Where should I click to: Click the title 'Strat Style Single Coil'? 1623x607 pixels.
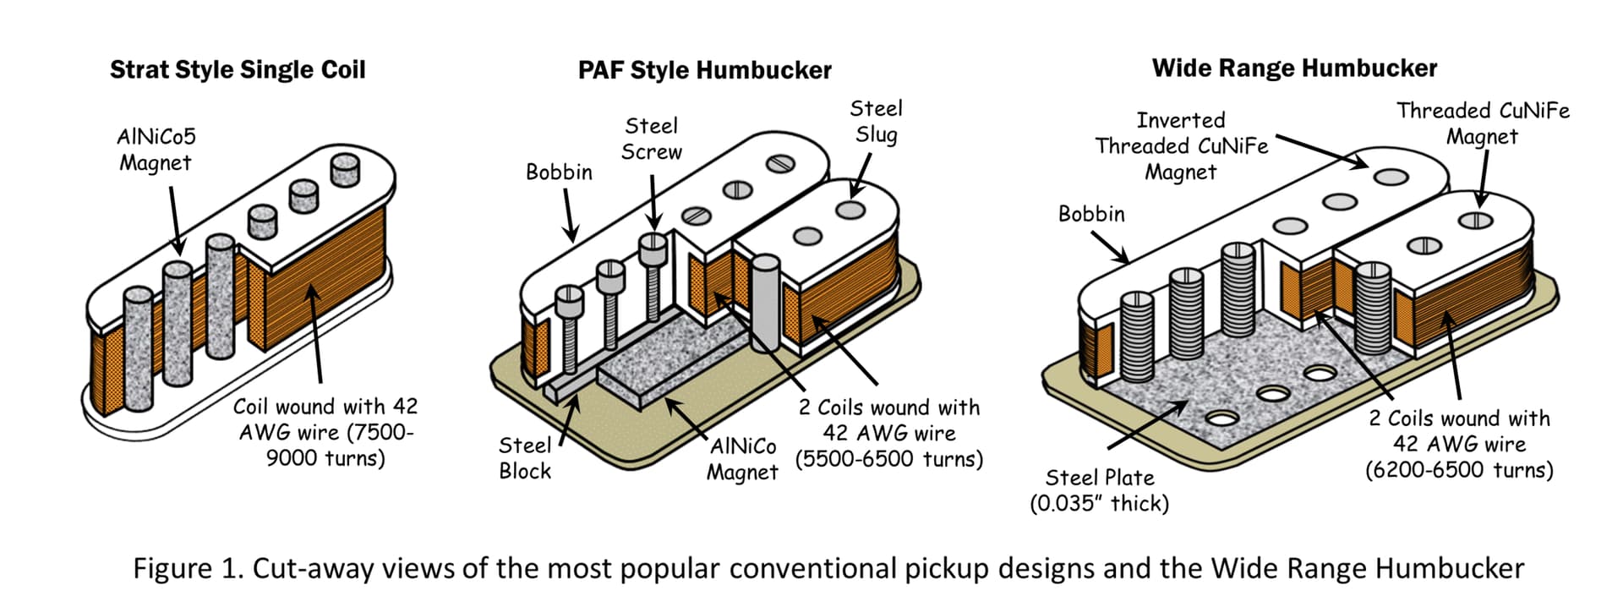point(238,69)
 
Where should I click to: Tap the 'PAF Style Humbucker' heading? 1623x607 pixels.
point(704,70)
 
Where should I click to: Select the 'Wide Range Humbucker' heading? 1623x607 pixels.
point(1294,68)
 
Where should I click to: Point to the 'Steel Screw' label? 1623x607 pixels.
point(651,139)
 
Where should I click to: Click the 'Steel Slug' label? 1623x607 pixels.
point(876,122)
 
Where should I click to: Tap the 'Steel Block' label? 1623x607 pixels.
point(525,458)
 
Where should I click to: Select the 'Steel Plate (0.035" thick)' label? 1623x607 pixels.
point(1099,490)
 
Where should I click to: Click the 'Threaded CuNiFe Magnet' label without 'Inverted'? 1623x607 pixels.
point(1482,123)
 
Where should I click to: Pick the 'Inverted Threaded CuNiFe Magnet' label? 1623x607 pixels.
point(1181,146)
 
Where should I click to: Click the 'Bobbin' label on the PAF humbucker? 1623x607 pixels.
point(559,172)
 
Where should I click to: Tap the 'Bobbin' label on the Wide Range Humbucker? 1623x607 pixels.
point(1091,214)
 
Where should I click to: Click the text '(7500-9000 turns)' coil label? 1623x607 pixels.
point(325,446)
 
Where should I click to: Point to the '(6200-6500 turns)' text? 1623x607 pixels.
point(1459,470)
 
